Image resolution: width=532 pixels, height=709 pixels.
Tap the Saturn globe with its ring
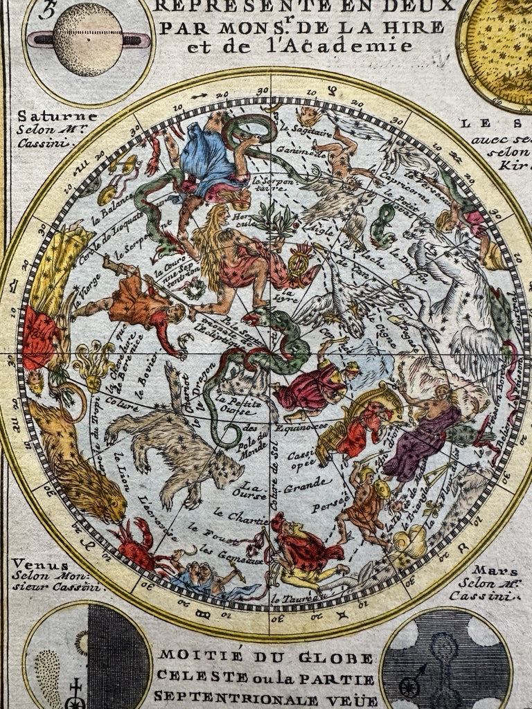88,39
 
